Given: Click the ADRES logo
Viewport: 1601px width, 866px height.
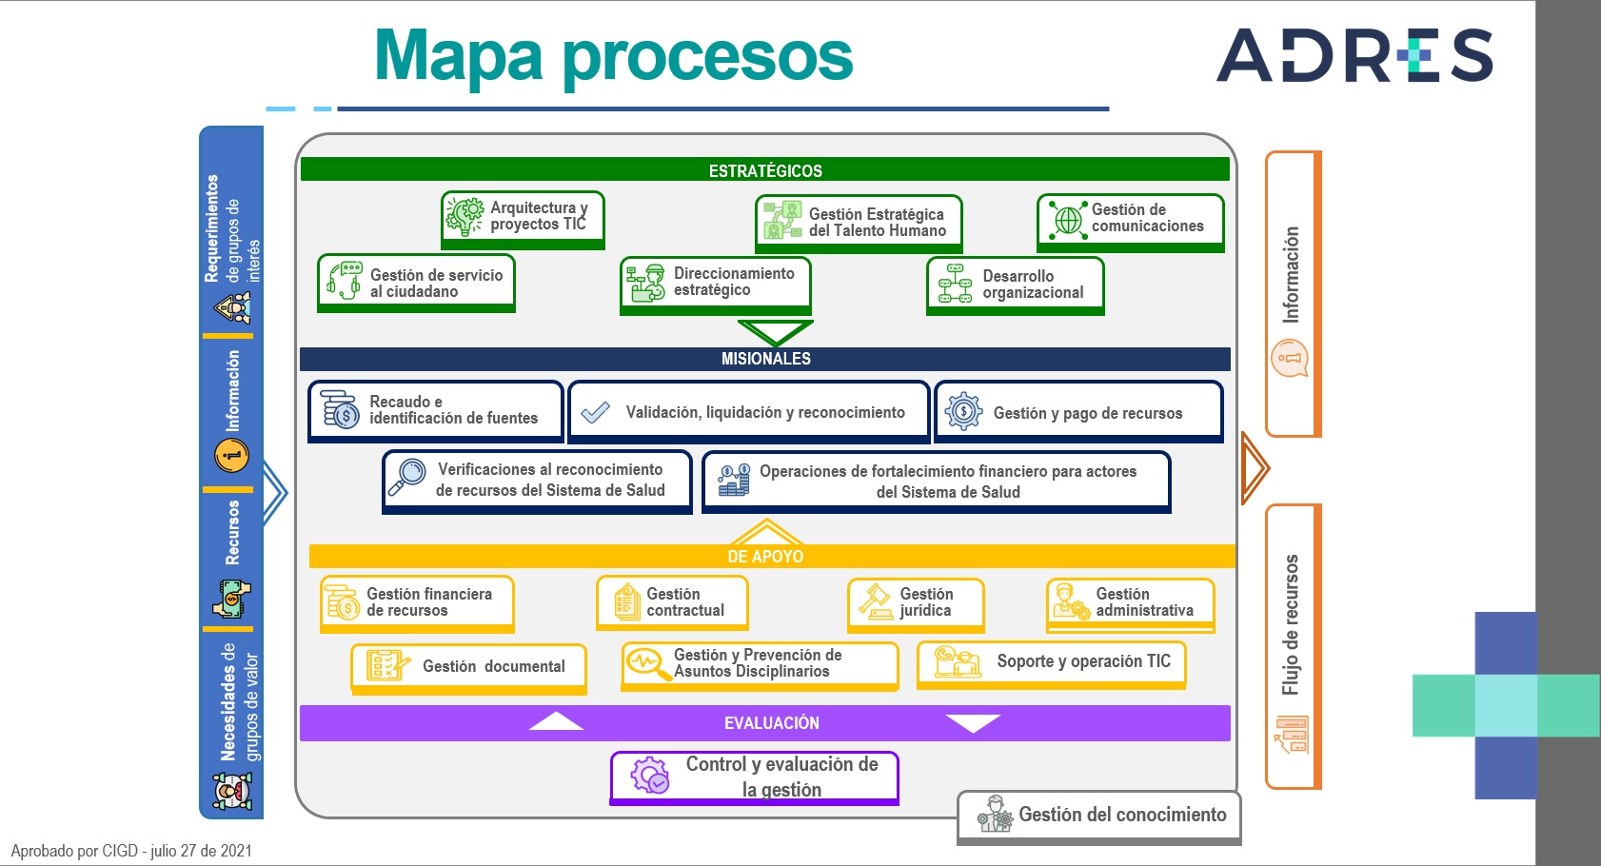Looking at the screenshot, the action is pyautogui.click(x=1354, y=55).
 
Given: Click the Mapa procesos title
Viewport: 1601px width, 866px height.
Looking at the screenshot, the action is pyautogui.click(x=613, y=56).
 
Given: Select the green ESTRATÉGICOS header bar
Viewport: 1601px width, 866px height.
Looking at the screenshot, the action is pyautogui.click(x=764, y=169).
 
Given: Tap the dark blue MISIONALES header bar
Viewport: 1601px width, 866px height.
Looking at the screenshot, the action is pyautogui.click(x=764, y=359).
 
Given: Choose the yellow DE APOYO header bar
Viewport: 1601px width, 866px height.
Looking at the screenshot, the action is pyautogui.click(x=771, y=556).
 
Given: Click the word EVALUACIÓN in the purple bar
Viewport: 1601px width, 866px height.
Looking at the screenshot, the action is pyautogui.click(x=772, y=723).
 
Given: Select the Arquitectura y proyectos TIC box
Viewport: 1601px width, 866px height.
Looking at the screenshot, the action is pyautogui.click(x=523, y=220).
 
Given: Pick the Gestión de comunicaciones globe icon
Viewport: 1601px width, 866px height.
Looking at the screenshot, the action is pyautogui.click(x=1067, y=219).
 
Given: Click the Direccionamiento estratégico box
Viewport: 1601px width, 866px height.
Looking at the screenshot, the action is pyautogui.click(x=716, y=285).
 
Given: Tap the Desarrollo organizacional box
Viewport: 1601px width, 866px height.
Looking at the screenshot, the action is pyautogui.click(x=1015, y=285).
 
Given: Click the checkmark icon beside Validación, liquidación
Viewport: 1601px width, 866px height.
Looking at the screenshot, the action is pyautogui.click(x=595, y=411).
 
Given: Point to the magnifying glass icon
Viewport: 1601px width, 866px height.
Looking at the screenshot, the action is pyautogui.click(x=406, y=477).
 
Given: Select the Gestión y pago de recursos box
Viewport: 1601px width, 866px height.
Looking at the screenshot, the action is pyautogui.click(x=1078, y=411).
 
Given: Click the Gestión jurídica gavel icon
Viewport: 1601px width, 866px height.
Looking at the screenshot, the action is pyautogui.click(x=875, y=601).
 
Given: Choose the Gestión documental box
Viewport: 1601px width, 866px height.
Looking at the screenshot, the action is pyautogui.click(x=468, y=668).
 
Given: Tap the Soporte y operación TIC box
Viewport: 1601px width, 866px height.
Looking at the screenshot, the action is pyautogui.click(x=1051, y=664).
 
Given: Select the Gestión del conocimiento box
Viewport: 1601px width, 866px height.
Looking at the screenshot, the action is pyautogui.click(x=1098, y=817).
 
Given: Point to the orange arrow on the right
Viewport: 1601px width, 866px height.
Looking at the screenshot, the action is pyautogui.click(x=1255, y=468).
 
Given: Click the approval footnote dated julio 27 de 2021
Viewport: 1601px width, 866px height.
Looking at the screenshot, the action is pyautogui.click(x=131, y=851).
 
